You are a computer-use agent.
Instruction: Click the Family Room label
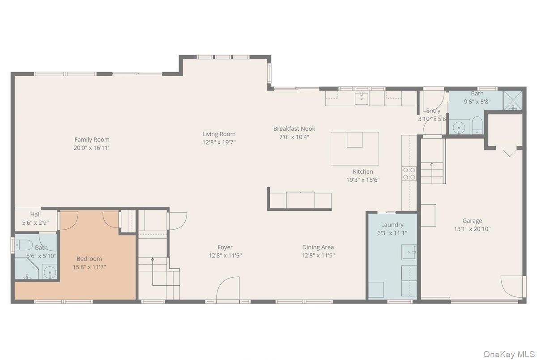(x=92, y=140)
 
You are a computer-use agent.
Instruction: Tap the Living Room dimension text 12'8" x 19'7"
(x=219, y=142)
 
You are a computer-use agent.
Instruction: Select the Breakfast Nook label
(x=294, y=129)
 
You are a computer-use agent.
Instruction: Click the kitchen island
(x=355, y=149)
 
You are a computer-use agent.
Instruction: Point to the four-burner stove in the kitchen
(x=409, y=174)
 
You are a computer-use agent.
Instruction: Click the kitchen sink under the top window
(x=362, y=99)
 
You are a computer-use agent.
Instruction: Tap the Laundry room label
(x=392, y=225)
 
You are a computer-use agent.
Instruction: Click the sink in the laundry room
(x=409, y=252)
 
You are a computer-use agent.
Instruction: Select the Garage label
(x=472, y=221)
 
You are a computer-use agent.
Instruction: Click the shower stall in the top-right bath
(x=512, y=100)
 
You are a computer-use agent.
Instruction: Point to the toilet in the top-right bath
(x=477, y=125)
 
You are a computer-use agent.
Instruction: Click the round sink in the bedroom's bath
(x=50, y=272)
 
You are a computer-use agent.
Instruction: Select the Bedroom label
(x=89, y=259)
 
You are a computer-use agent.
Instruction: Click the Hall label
(x=35, y=214)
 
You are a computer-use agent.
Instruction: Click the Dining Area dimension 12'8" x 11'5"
(x=318, y=255)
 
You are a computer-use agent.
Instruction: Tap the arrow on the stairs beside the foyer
(x=153, y=271)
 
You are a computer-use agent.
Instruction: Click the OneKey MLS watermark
(x=509, y=354)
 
